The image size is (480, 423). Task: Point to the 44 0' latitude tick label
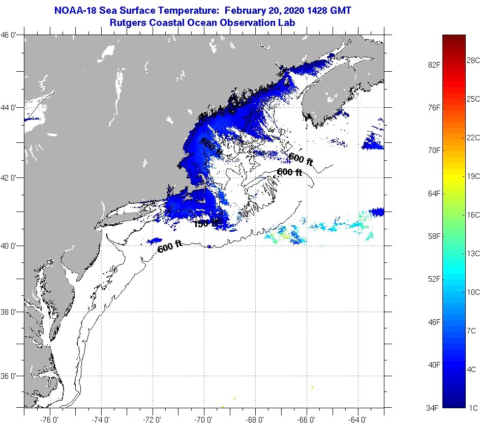[11, 107]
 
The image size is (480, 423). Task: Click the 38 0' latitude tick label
[11, 312]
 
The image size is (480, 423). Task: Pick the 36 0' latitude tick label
[11, 376]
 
